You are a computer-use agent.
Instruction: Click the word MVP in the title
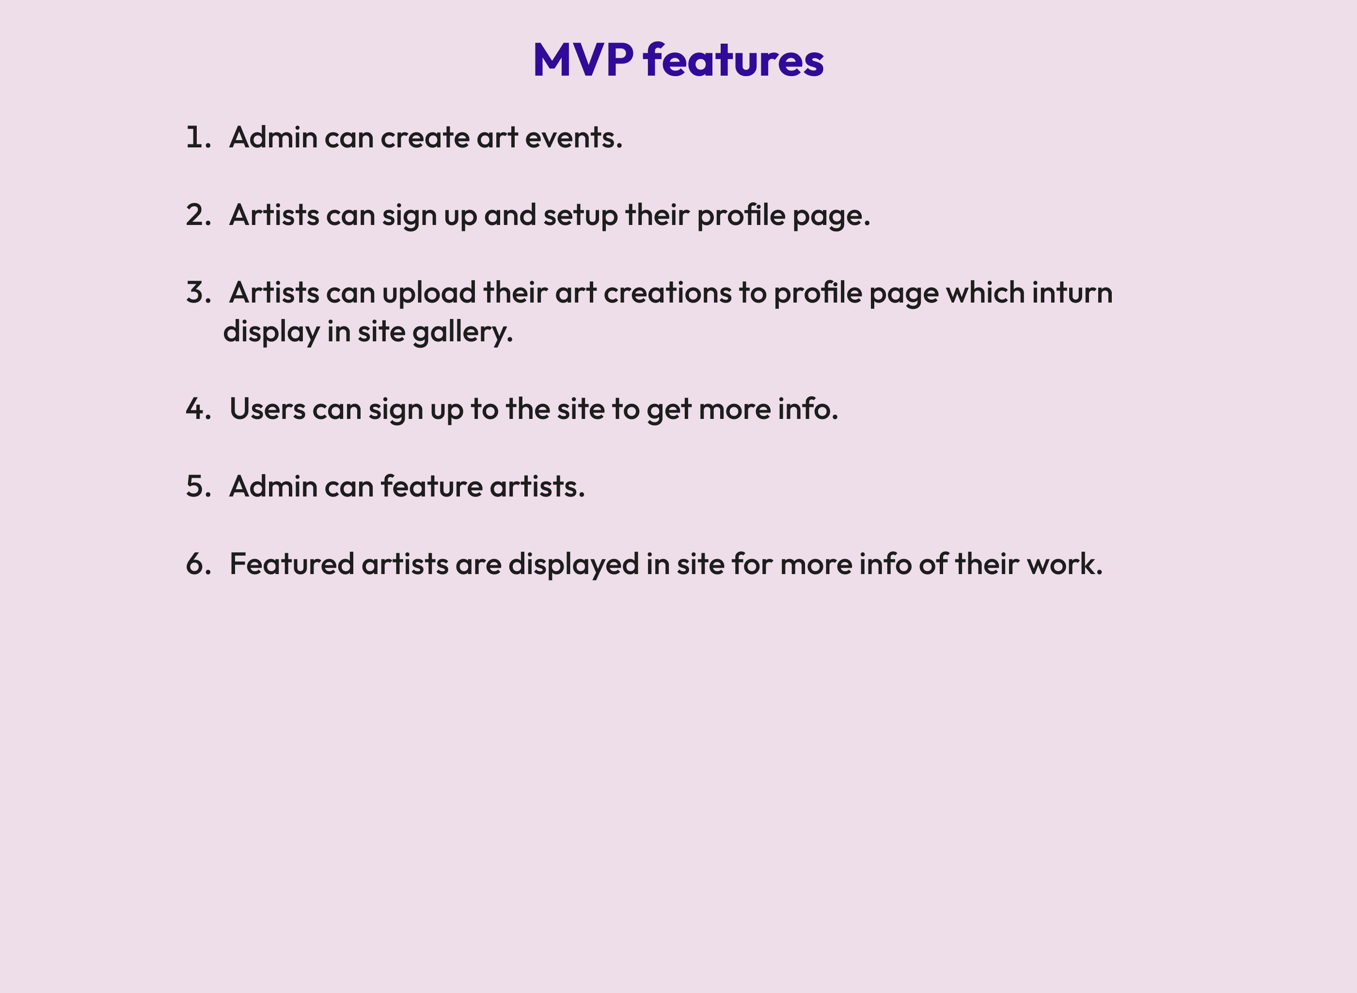[x=583, y=60]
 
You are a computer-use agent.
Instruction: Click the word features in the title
[x=733, y=60]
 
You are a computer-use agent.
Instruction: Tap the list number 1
[x=195, y=138]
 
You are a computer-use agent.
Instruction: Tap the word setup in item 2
[x=580, y=215]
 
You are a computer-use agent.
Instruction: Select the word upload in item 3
[x=429, y=293]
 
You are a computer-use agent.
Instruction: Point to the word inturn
[x=1072, y=293]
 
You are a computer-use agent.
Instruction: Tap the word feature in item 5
[x=431, y=487]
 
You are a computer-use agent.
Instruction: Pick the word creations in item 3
[x=667, y=293]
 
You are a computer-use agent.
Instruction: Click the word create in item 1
[x=425, y=138]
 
